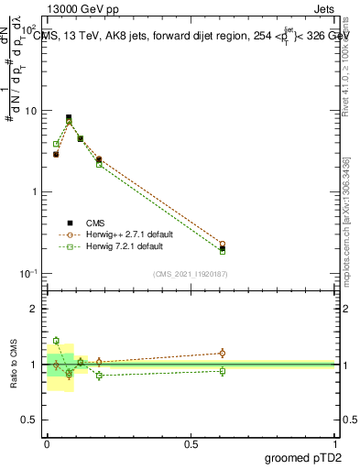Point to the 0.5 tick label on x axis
click(191, 443)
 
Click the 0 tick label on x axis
click(47, 443)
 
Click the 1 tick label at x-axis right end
click(335, 443)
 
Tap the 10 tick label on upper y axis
click(30, 111)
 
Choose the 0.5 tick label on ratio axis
click(31, 421)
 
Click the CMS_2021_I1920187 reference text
click(191, 274)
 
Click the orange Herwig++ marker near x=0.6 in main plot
click(223, 245)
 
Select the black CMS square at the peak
click(69, 117)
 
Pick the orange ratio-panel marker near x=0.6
click(223, 353)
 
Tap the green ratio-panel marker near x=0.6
click(223, 371)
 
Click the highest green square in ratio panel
click(56, 340)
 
